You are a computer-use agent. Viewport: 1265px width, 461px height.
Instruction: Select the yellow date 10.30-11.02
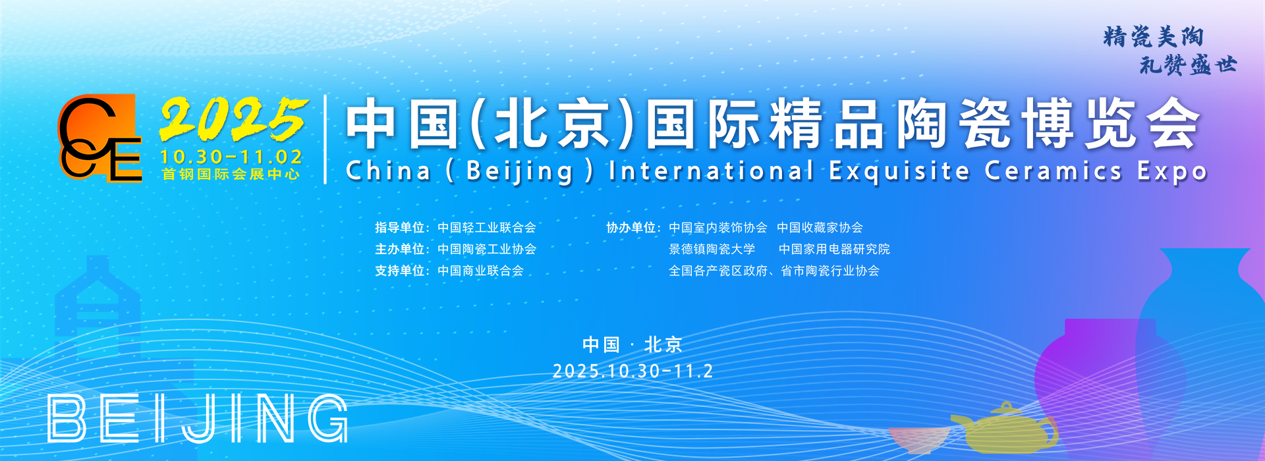pyautogui.click(x=231, y=157)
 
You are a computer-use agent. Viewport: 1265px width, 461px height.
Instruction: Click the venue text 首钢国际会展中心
pyautogui.click(x=231, y=175)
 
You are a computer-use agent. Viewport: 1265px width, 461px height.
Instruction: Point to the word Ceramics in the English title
pyautogui.click(x=1054, y=171)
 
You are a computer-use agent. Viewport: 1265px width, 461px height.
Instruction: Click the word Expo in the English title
pyautogui.click(x=1172, y=172)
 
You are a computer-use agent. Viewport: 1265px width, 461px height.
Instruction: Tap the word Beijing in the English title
pyautogui.click(x=520, y=172)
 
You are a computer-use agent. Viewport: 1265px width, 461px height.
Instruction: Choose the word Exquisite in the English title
pyautogui.click(x=899, y=171)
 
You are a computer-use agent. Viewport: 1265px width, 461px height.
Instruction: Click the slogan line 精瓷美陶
pyautogui.click(x=1154, y=37)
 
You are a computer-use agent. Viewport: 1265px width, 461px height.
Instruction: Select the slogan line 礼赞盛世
pyautogui.click(x=1188, y=65)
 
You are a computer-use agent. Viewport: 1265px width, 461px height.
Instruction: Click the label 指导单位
pyautogui.click(x=399, y=228)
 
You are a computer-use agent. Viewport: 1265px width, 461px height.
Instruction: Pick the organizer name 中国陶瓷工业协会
pyautogui.click(x=487, y=250)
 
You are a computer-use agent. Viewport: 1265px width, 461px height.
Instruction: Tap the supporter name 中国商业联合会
pyautogui.click(x=480, y=271)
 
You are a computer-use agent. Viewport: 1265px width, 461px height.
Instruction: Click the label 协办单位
pyautogui.click(x=631, y=228)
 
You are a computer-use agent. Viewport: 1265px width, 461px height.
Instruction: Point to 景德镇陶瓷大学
pyautogui.click(x=712, y=250)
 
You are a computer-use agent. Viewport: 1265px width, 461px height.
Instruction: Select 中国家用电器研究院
pyautogui.click(x=834, y=250)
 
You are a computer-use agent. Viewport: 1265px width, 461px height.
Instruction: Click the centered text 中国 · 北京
pyautogui.click(x=632, y=344)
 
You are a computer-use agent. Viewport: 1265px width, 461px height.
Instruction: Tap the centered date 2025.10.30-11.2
pyautogui.click(x=632, y=371)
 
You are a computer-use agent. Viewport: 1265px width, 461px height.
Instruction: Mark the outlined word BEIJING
pyautogui.click(x=198, y=418)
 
